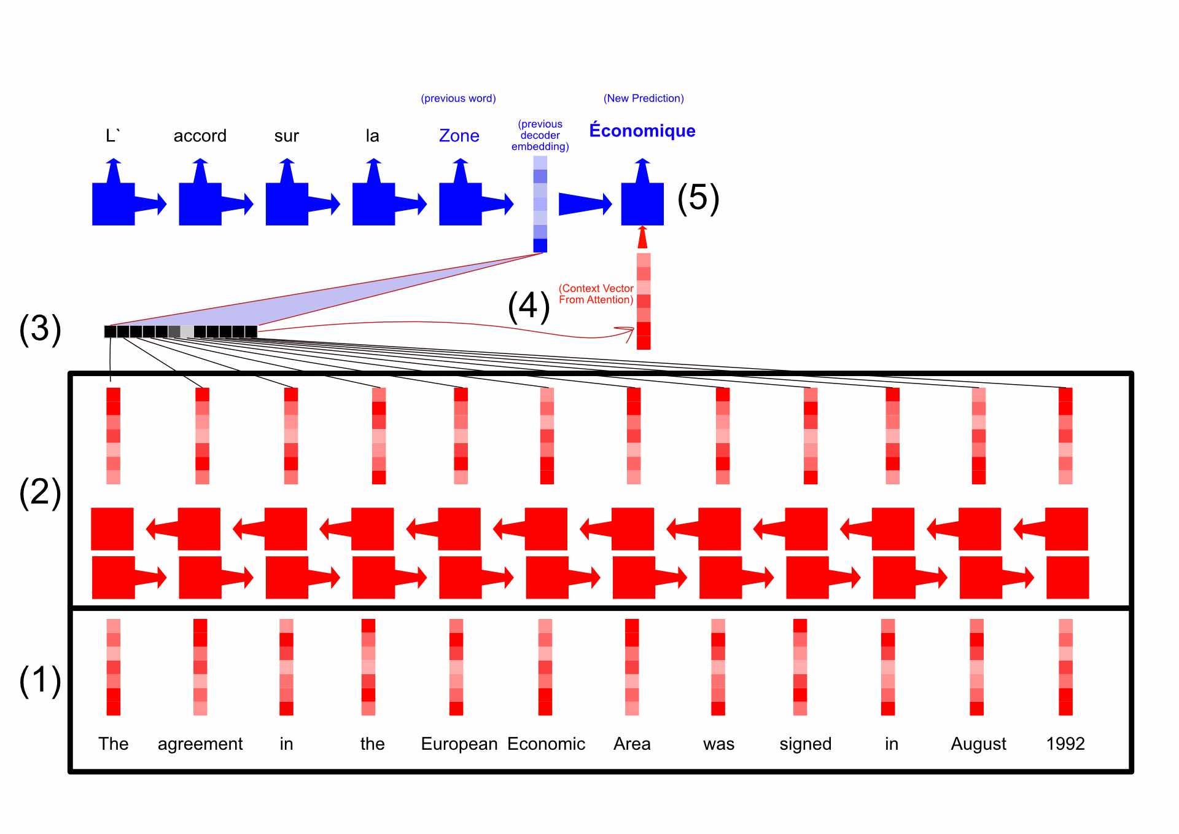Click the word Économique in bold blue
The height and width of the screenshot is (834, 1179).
click(642, 131)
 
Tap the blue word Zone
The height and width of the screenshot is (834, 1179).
click(459, 136)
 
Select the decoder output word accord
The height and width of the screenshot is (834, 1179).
click(200, 136)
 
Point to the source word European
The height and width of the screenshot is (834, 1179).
click(459, 744)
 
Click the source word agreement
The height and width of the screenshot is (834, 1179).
click(200, 744)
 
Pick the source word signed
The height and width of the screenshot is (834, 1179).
click(805, 744)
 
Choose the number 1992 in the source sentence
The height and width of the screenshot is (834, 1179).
click(1065, 744)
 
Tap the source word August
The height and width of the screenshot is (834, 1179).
click(978, 744)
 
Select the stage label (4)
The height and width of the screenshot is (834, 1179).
click(529, 305)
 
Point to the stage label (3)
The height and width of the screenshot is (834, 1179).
click(40, 329)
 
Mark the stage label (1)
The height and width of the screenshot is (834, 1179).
click(40, 680)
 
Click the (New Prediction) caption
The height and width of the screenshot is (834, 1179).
click(644, 98)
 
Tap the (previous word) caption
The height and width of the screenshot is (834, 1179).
click(458, 98)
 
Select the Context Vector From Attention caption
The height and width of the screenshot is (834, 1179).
click(596, 294)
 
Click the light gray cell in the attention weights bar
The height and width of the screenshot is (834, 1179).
click(187, 332)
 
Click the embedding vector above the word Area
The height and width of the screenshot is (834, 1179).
click(632, 667)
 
